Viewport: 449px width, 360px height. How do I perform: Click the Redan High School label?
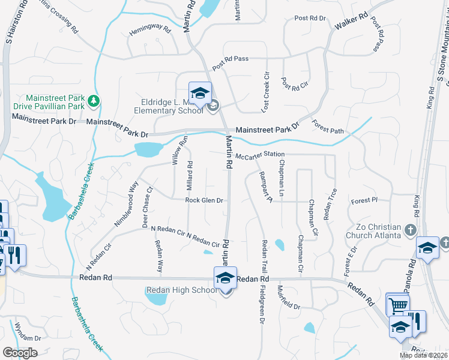[181, 290]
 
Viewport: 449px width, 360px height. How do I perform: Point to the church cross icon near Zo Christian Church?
[411, 230]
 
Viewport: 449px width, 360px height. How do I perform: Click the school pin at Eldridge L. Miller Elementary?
[200, 93]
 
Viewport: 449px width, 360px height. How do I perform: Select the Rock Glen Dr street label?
[204, 200]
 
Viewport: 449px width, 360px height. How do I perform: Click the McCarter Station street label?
[260, 155]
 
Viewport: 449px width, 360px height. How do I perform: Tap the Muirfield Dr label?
[288, 306]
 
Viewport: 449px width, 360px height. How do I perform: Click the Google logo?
[20, 353]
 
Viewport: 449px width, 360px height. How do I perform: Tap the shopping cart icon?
[397, 305]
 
